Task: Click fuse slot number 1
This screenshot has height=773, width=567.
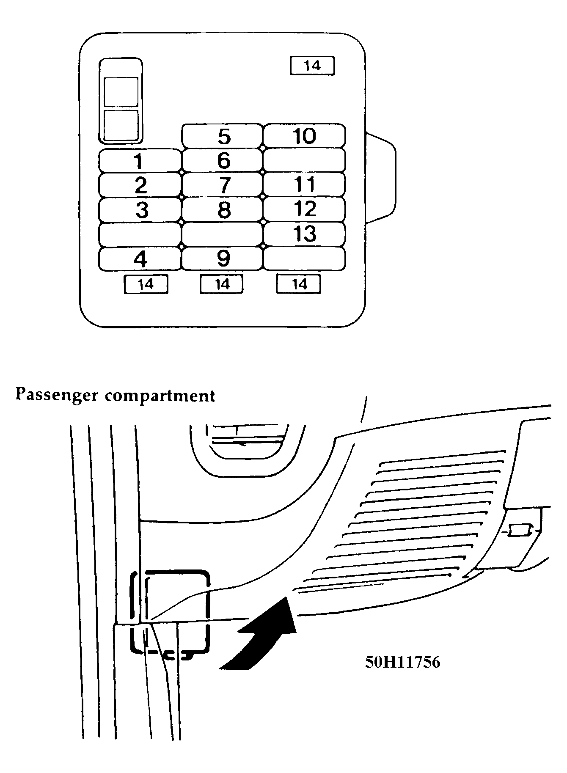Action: tap(140, 161)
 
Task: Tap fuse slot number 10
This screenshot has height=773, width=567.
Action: tap(304, 136)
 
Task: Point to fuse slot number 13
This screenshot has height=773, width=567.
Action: tap(304, 234)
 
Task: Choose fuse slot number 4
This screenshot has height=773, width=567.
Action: tap(140, 259)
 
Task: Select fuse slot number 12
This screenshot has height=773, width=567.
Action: tap(304, 209)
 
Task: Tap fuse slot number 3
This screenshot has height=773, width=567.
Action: tap(140, 209)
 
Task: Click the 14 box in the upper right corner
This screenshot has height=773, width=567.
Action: tap(312, 66)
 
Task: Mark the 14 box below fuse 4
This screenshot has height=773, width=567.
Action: tap(146, 284)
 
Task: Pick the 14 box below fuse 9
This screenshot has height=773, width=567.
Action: tap(222, 284)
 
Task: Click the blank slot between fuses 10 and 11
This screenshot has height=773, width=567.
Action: tap(304, 160)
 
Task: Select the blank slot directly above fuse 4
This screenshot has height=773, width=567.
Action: tap(140, 234)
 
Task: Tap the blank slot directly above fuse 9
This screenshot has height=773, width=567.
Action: tap(222, 234)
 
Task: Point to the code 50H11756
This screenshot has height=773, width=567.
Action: tap(402, 662)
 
